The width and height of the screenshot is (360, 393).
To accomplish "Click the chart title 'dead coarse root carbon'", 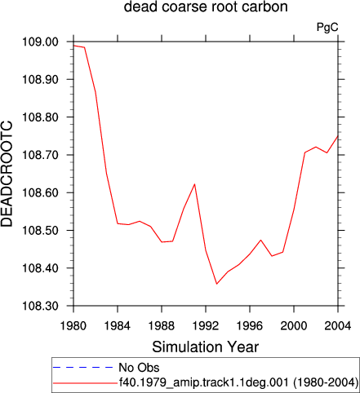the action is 206,7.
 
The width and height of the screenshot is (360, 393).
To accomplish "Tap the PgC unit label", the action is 327,28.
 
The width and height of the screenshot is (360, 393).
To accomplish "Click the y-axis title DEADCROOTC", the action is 7,174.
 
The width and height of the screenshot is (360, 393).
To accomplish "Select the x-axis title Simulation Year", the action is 206,347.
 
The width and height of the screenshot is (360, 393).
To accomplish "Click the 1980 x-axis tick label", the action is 73,325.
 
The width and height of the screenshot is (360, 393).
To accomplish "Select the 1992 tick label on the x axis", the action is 206,325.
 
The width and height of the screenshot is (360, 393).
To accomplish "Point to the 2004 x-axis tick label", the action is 338,325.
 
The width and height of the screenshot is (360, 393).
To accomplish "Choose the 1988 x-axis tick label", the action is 162,325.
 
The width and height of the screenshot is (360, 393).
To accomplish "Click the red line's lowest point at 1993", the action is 217,284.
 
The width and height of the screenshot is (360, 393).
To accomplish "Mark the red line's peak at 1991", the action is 195,184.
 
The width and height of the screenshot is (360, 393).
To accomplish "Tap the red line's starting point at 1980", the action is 73,46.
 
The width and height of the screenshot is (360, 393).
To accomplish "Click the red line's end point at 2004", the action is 338,136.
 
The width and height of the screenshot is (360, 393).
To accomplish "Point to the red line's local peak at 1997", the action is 261,240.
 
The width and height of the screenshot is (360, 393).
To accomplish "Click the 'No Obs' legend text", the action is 139,368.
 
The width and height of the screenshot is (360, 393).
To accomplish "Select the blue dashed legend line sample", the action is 83,368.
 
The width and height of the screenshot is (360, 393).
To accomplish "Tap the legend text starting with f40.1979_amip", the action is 239,382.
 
